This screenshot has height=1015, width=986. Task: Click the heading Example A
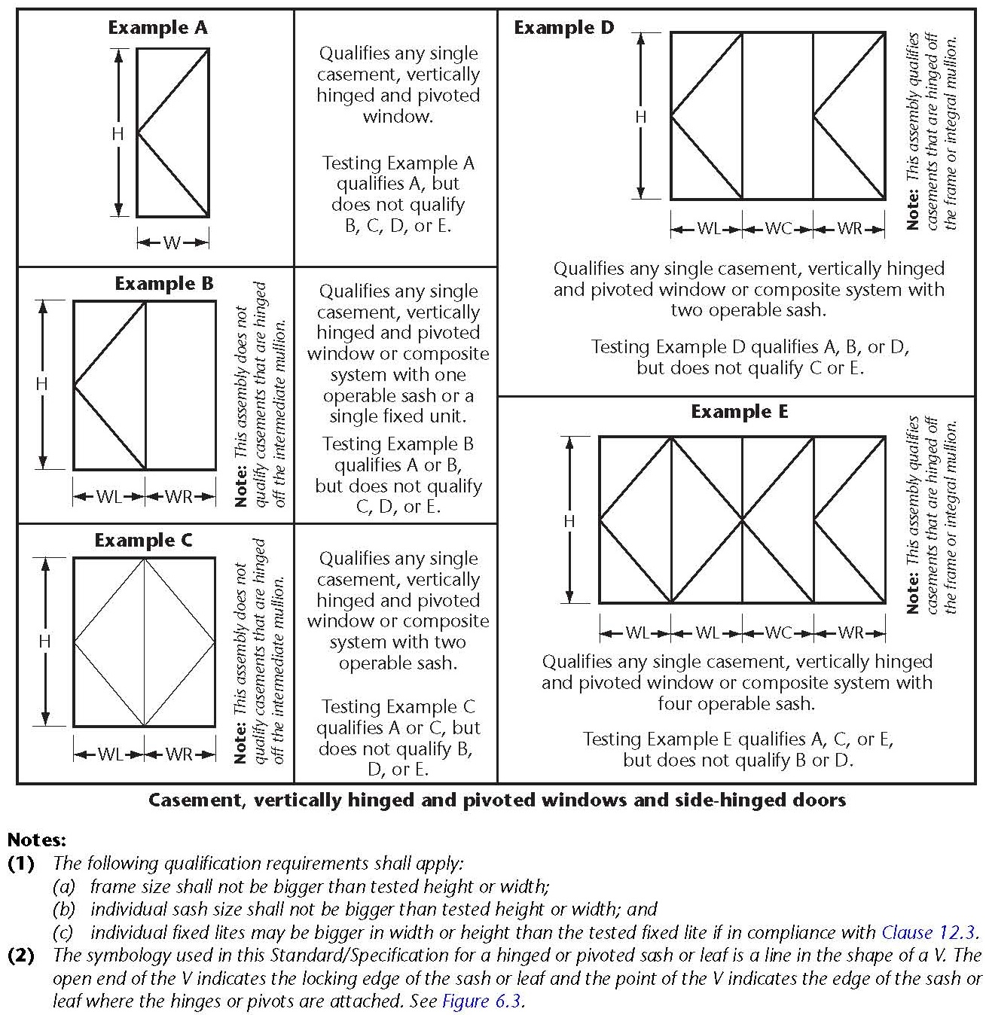[x=157, y=28]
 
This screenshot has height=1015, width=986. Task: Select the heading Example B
[x=164, y=284]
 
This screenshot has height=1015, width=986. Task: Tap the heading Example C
[x=143, y=541]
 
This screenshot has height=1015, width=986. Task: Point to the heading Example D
[x=564, y=28]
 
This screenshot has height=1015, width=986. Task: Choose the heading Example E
[x=739, y=412]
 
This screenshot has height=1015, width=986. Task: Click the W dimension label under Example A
[x=172, y=242]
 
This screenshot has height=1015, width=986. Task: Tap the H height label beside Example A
[x=118, y=133]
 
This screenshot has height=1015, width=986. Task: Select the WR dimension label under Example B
[x=179, y=497]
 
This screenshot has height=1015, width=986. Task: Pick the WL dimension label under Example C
[x=109, y=754]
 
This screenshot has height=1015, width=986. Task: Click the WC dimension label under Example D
[x=777, y=228]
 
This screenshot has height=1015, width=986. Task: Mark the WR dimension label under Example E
[x=850, y=632]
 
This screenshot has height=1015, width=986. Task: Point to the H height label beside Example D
[x=640, y=117]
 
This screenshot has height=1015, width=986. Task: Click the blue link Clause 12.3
[x=930, y=932]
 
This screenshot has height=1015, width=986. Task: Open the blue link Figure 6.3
[x=482, y=1001]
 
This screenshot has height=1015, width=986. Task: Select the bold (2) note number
[x=21, y=956]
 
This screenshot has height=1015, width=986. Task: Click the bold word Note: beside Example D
[x=913, y=209]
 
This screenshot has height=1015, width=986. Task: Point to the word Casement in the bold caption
[x=194, y=800]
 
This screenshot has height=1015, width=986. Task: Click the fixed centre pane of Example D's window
[x=777, y=116]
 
